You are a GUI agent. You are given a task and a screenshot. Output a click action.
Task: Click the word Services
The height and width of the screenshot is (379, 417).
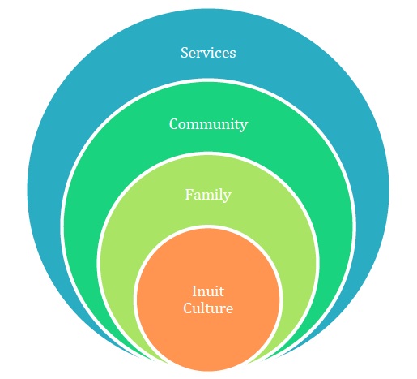[x=208, y=53]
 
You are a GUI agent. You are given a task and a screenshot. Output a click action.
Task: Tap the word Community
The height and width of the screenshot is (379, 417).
[x=208, y=124]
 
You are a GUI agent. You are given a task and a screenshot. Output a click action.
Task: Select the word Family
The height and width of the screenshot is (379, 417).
[x=208, y=195]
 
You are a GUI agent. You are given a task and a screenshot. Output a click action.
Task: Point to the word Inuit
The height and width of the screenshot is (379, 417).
[x=208, y=291]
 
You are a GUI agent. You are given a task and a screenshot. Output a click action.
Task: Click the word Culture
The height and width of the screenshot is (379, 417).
[x=208, y=308]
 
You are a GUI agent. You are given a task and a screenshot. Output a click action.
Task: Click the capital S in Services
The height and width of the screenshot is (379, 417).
[x=185, y=53]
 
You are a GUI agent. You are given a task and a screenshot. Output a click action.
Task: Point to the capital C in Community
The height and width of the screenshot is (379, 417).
[x=174, y=124]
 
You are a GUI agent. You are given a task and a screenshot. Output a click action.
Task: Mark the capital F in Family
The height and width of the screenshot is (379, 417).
[x=189, y=195]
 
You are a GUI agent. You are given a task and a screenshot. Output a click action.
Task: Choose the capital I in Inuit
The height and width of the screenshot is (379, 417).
[x=195, y=291]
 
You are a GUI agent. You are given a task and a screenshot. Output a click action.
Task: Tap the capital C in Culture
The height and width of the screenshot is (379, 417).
[x=189, y=308]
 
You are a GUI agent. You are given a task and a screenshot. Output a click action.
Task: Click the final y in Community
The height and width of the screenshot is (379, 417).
[x=243, y=127]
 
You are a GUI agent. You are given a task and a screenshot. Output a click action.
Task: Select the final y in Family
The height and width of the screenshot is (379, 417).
[x=227, y=197]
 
